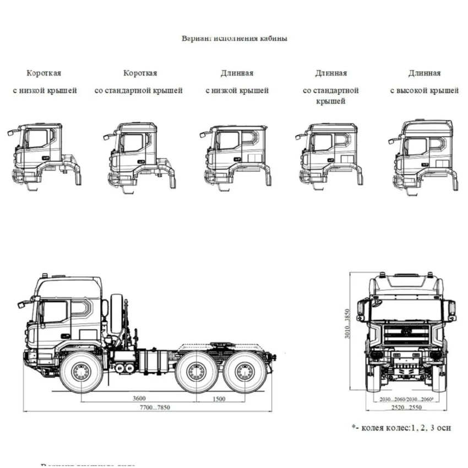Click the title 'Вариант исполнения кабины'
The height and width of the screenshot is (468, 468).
[x=235, y=39]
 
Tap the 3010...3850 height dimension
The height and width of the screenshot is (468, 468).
[x=348, y=323]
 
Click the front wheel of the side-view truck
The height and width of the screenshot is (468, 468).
[x=81, y=372]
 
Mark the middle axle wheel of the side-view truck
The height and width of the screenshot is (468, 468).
[x=197, y=372]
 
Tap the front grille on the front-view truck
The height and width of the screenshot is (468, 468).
[x=406, y=334]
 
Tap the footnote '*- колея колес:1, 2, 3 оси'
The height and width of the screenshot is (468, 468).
[x=401, y=427]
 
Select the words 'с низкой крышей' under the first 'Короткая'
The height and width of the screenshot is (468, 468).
[x=45, y=90]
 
